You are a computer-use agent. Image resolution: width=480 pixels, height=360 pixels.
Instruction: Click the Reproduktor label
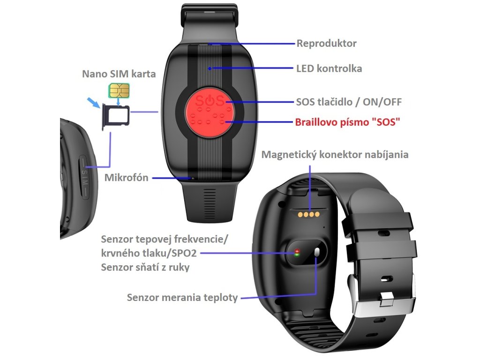click(x=326, y=44)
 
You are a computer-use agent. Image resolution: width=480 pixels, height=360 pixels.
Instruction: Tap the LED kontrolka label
click(x=329, y=68)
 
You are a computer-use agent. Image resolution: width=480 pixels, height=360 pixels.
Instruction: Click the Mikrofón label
click(x=126, y=178)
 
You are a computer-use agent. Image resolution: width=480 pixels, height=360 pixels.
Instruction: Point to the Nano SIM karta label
click(x=119, y=74)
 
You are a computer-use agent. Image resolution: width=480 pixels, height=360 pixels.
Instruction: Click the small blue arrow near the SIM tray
click(x=94, y=103)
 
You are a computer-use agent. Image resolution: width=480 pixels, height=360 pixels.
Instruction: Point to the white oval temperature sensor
click(x=317, y=253)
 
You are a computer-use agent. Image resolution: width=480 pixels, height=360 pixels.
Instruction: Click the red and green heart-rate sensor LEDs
click(x=297, y=254)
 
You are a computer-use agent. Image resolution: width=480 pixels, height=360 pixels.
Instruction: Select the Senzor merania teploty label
click(x=182, y=298)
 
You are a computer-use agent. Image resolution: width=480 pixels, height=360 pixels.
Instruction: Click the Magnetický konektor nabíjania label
click(x=335, y=154)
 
